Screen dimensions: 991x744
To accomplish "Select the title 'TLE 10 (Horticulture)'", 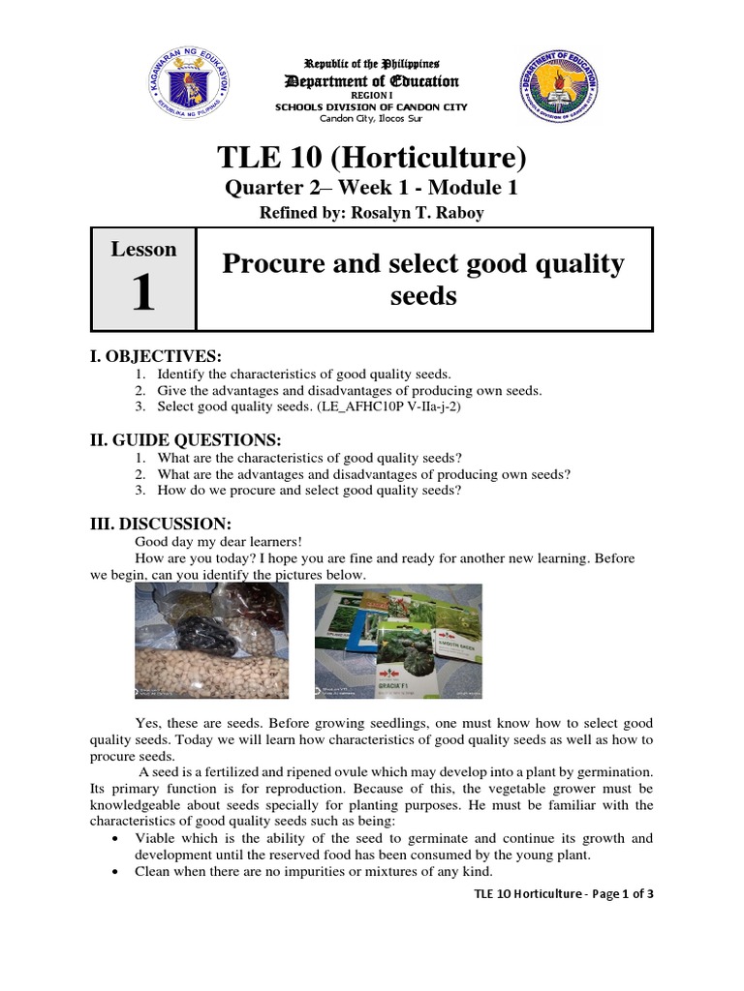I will pyautogui.click(x=372, y=156).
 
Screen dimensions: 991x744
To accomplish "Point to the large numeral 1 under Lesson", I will pyautogui.click(x=142, y=293).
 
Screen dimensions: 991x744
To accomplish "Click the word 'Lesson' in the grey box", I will pyautogui.click(x=143, y=250).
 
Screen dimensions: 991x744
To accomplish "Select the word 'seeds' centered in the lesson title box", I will pyautogui.click(x=423, y=296).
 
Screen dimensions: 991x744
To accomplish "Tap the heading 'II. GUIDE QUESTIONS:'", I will pyautogui.click(x=185, y=439).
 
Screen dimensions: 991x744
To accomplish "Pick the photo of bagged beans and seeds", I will pyautogui.click(x=210, y=641).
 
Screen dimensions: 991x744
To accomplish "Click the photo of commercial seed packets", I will pyautogui.click(x=398, y=641).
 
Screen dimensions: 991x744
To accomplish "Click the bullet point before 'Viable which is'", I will pyautogui.click(x=116, y=838).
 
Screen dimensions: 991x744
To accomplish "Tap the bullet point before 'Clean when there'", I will pyautogui.click(x=116, y=871).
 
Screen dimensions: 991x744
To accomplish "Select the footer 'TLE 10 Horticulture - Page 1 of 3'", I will pyautogui.click(x=564, y=894).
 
